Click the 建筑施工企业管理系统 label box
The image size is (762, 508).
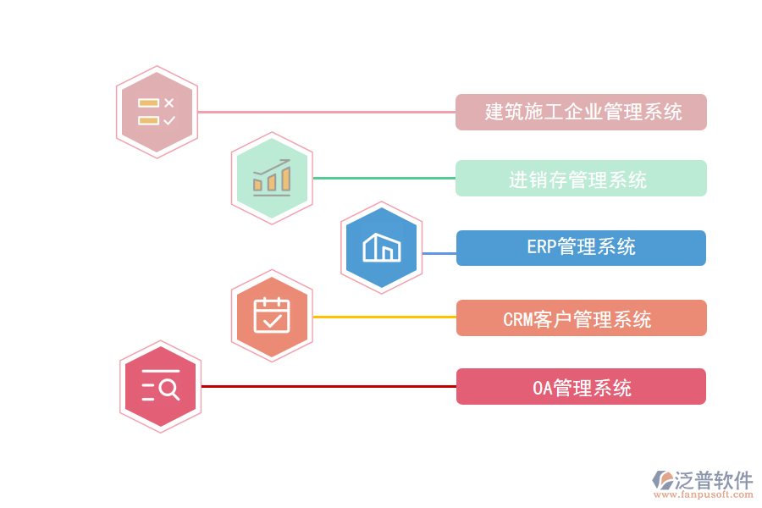coord(581,112)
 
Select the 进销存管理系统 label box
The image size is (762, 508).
coord(581,179)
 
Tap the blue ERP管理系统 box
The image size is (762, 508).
coord(581,248)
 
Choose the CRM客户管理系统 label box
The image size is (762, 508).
coord(581,318)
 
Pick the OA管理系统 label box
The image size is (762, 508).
coord(581,387)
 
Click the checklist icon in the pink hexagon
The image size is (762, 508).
coord(157,112)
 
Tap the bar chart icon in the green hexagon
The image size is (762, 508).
coord(272,178)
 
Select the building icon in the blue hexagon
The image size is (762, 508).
coord(381,247)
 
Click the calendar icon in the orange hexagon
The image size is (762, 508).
coord(272,316)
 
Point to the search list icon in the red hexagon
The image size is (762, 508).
coord(160,386)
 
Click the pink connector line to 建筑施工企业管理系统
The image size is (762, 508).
coord(326,112)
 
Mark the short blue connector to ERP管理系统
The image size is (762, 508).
coord(439,253)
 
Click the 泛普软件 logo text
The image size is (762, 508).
coord(713,480)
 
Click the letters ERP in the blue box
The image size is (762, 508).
coord(541,248)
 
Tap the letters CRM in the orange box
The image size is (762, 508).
coord(516,319)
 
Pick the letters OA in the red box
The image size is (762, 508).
coord(542,388)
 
